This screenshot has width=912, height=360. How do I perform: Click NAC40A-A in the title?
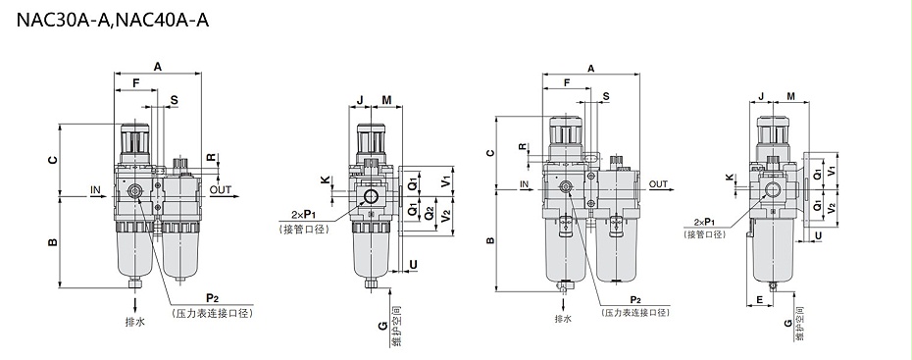(x=167, y=20)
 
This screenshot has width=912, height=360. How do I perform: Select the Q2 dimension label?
(x=429, y=214)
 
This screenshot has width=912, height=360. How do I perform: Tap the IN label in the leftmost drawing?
(x=95, y=189)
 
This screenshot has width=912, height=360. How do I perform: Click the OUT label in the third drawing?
(x=658, y=184)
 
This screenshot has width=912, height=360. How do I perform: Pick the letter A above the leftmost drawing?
(x=158, y=67)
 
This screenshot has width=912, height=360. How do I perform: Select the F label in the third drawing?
(x=567, y=82)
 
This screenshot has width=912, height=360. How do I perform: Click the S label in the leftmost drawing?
(x=174, y=100)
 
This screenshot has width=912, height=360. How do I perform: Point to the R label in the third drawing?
(x=523, y=146)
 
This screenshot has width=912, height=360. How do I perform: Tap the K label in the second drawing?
(x=325, y=180)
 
